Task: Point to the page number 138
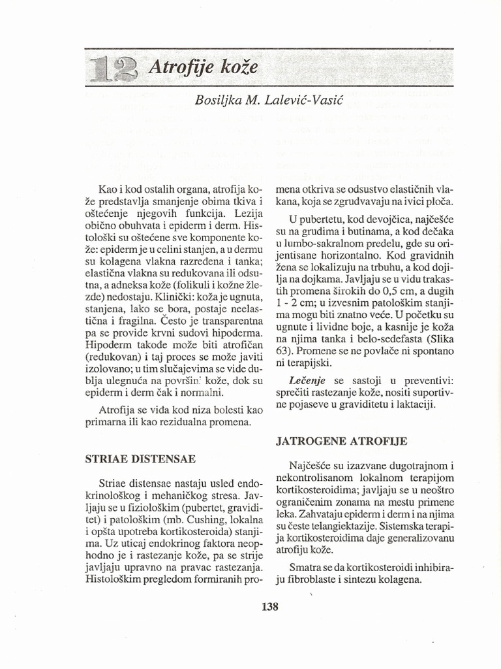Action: (269, 606)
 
